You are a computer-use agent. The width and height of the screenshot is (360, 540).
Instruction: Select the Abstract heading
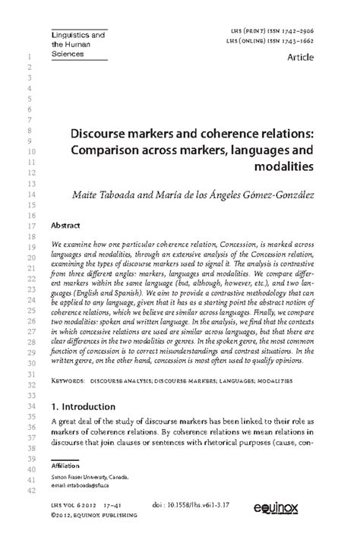(x=65, y=226)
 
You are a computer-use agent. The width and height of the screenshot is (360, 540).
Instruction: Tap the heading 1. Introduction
(x=87, y=406)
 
